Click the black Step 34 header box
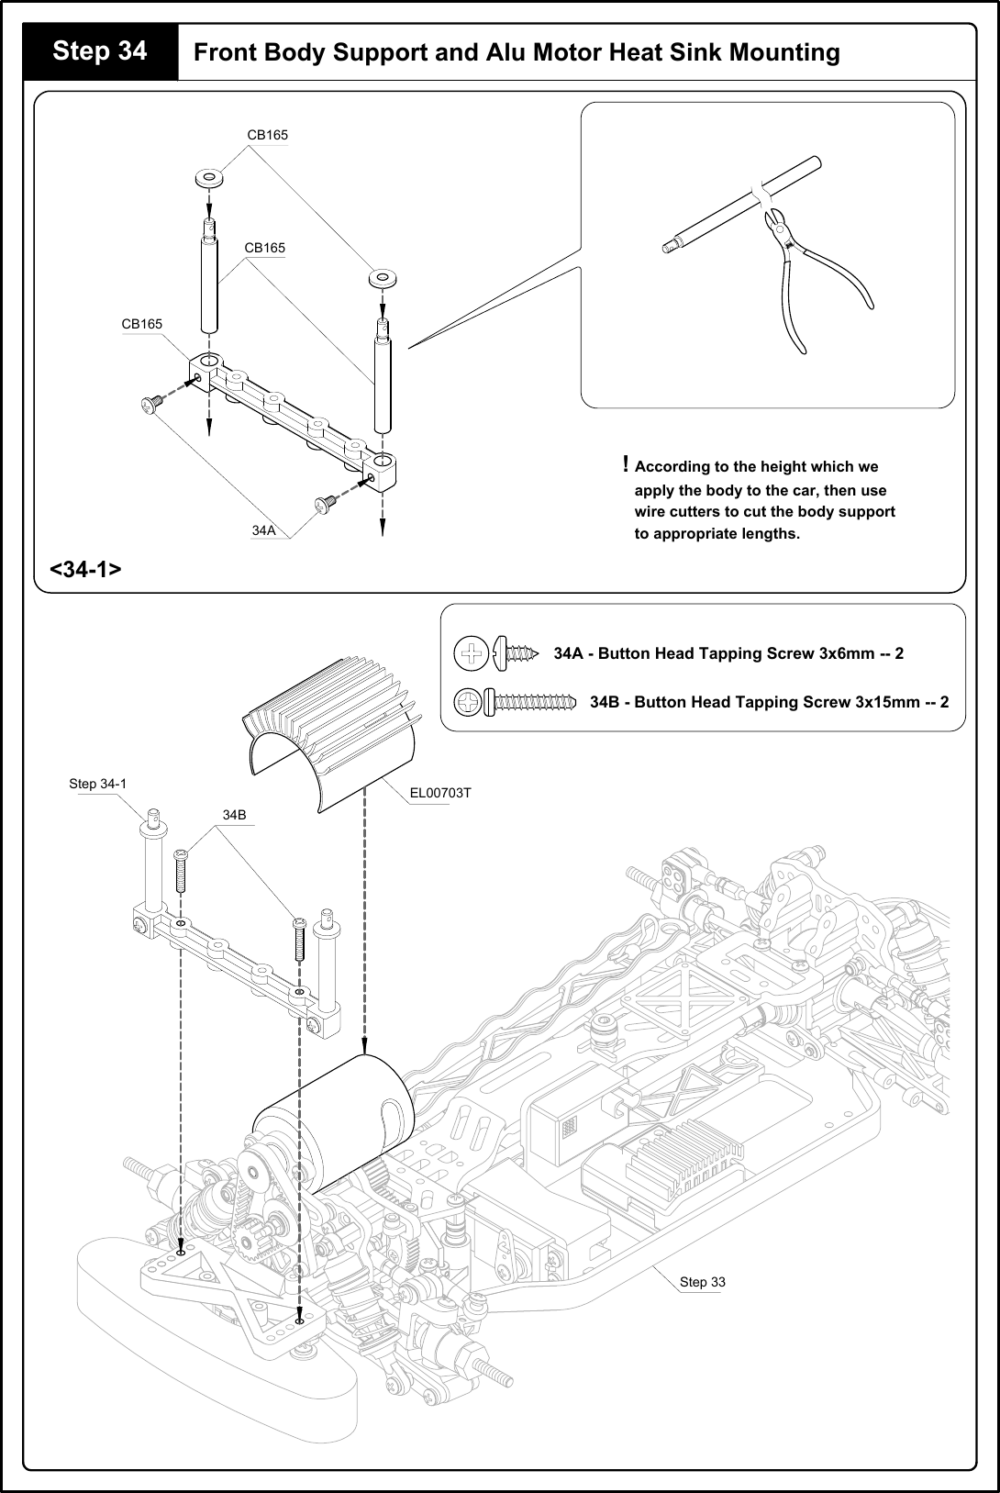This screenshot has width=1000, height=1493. coord(100,51)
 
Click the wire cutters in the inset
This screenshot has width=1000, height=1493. coord(807,266)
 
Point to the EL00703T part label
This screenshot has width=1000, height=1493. coord(440,793)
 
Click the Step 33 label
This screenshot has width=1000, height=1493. coord(702,1282)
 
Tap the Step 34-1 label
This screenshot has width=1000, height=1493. coord(97,784)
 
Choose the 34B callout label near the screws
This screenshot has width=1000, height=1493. coord(235,814)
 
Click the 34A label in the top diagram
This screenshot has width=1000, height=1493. coord(264,530)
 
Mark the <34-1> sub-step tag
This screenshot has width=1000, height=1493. coord(85,569)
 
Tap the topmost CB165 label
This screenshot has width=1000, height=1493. coord(267,135)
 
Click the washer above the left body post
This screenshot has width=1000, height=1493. coord(209,177)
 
